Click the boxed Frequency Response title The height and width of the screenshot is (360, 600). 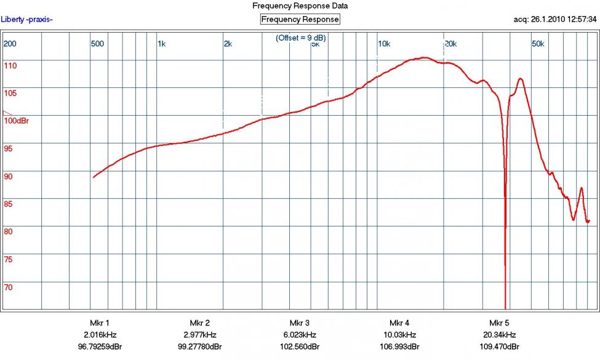(x=300, y=19)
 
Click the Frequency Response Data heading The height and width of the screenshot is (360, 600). (x=300, y=6)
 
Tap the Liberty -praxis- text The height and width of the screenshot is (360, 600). (x=27, y=19)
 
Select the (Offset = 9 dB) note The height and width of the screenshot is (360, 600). (x=302, y=38)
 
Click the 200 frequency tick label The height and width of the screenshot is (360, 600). (x=10, y=44)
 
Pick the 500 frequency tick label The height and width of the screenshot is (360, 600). (x=97, y=44)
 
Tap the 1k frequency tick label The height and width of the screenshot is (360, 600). (x=162, y=44)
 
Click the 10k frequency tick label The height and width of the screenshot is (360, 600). (x=384, y=44)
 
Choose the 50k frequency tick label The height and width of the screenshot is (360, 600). (x=538, y=44)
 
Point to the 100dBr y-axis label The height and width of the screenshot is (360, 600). (x=17, y=121)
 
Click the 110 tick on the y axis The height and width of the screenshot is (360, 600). (x=10, y=65)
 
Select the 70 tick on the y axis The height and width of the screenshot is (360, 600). (x=8, y=287)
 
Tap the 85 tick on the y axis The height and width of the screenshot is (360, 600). (x=8, y=204)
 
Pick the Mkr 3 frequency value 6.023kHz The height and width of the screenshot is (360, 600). (x=299, y=335)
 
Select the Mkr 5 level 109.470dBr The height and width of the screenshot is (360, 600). (x=499, y=346)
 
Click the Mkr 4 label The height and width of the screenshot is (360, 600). (x=399, y=323)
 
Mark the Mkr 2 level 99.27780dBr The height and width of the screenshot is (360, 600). (x=199, y=346)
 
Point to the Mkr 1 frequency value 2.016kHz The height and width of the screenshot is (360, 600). (x=99, y=335)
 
